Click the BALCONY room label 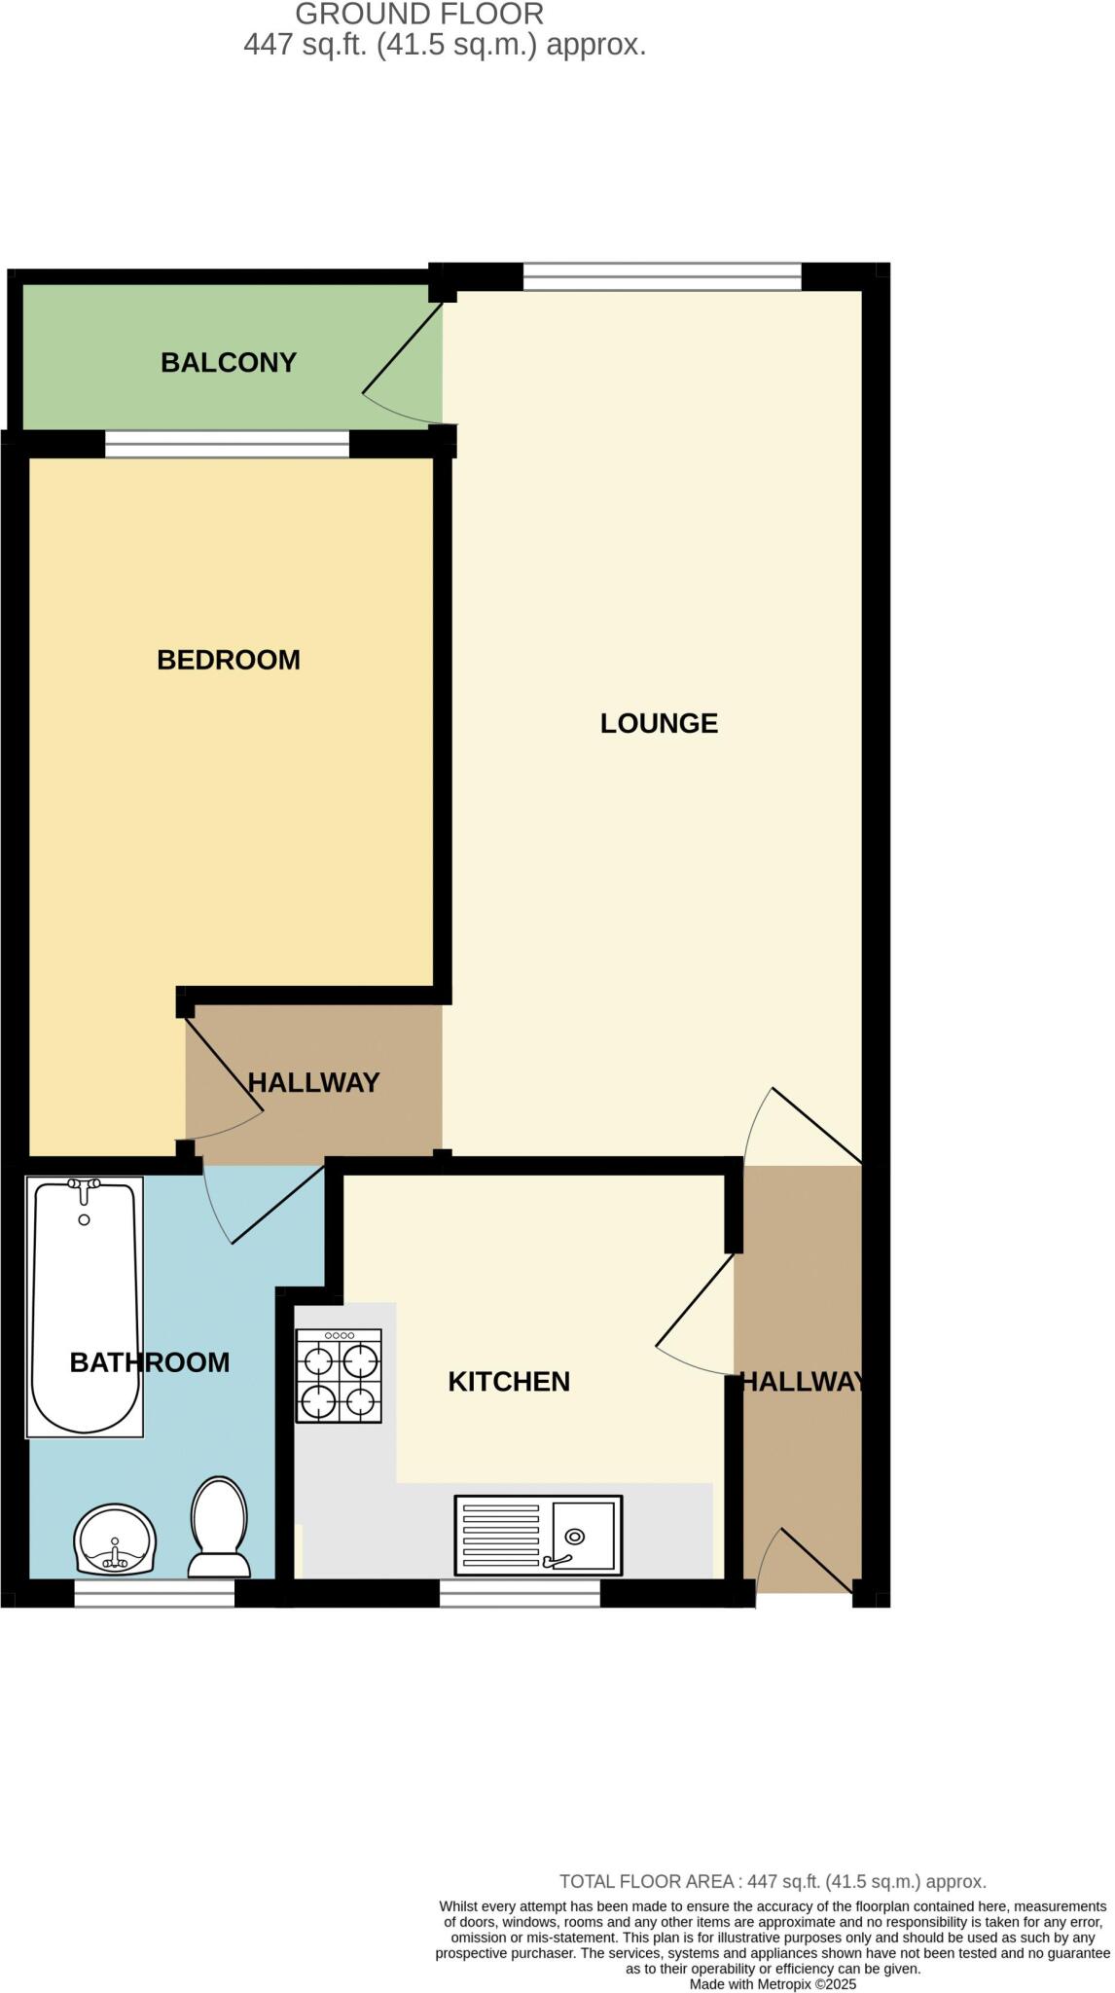point(229,363)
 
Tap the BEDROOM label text point(229,660)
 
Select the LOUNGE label point(659,723)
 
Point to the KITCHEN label point(509,1382)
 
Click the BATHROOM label point(150,1362)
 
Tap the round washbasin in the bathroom point(116,1540)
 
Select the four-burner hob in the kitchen point(339,1376)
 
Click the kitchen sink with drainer point(538,1535)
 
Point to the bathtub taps point(85,1187)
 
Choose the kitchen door point(695,1314)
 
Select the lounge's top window point(662,277)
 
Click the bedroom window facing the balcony point(227,445)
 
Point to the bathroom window point(155,1593)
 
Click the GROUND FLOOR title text point(419,15)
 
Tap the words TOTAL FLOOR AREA point(646,1882)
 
